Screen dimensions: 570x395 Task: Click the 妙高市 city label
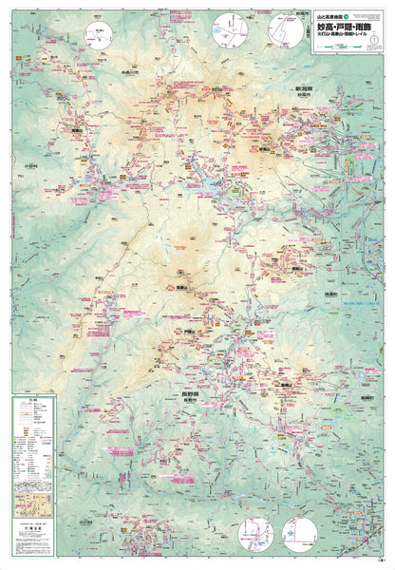(304, 94)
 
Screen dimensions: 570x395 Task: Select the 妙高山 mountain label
(267, 149)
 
